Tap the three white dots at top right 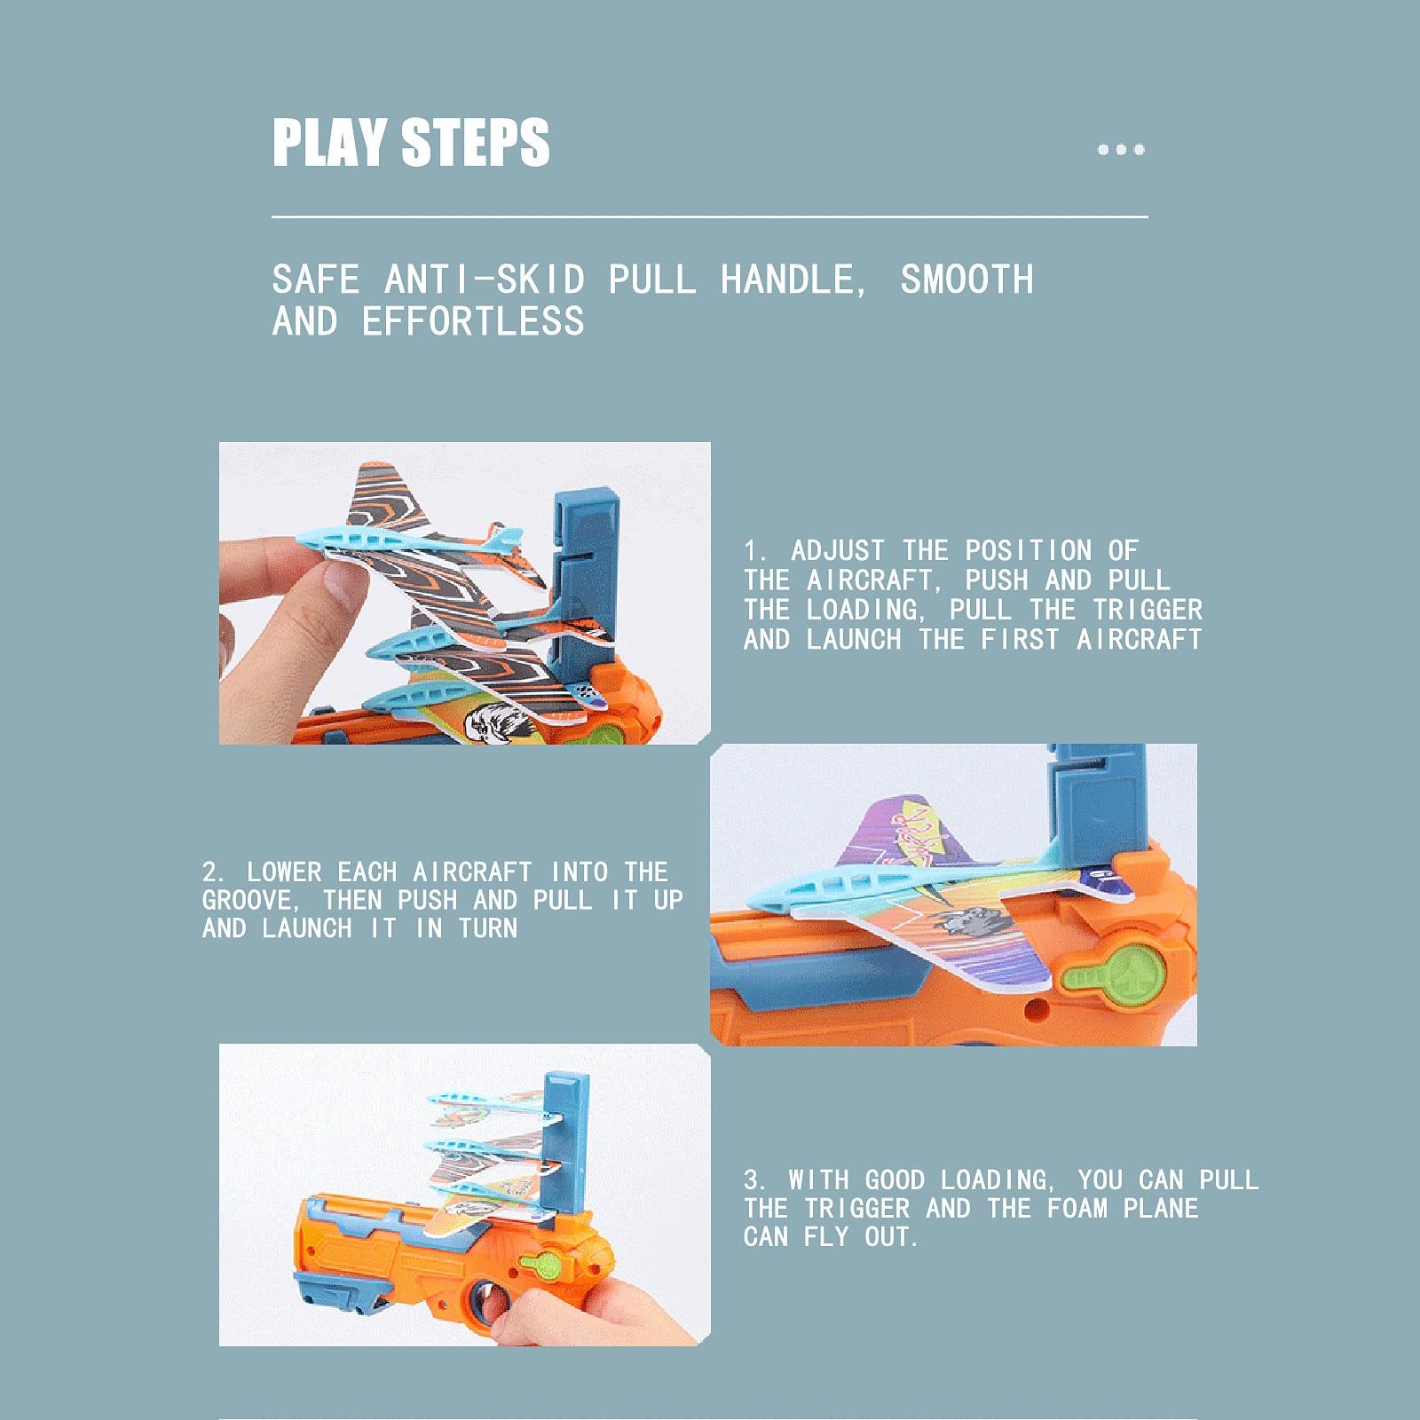[1121, 149]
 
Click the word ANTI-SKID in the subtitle [485, 280]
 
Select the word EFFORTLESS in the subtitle [473, 321]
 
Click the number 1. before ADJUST [756, 550]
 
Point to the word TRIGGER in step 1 [1147, 610]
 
